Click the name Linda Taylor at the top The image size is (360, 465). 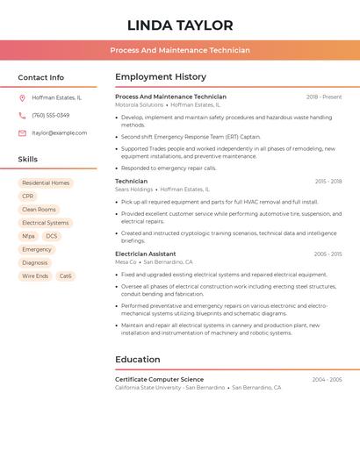click(x=180, y=25)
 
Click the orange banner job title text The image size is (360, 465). click(x=180, y=51)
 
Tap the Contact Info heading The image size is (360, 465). click(x=40, y=77)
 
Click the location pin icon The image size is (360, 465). click(x=22, y=98)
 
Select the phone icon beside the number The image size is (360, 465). click(x=22, y=116)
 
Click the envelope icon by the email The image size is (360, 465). click(x=22, y=133)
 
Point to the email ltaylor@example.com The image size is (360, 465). click(x=59, y=133)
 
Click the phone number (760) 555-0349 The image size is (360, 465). click(x=50, y=116)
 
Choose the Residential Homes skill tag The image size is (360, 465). click(x=46, y=183)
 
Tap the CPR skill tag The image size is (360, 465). click(x=28, y=197)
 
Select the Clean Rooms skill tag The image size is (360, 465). click(x=39, y=210)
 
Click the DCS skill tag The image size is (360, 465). click(x=52, y=236)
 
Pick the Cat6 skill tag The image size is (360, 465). click(x=65, y=276)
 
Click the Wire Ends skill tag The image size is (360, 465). click(x=35, y=276)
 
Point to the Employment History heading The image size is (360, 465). click(x=161, y=77)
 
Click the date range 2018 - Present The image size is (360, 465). click(x=324, y=97)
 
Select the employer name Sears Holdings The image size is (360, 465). click(x=133, y=190)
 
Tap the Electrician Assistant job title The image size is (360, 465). click(x=145, y=254)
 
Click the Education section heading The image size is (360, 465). click(x=138, y=359)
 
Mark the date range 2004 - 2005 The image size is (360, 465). click(x=327, y=380)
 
